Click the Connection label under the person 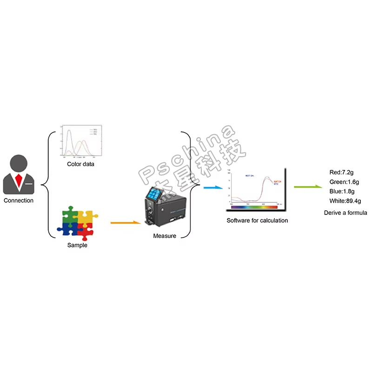click(19, 200)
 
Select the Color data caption click(80, 164)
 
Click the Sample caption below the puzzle click(77, 245)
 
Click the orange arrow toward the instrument click(126, 223)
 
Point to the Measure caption click(165, 236)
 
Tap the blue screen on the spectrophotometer click(154, 193)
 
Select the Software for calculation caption click(257, 220)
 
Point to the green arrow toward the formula click(307, 187)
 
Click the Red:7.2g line click(342, 173)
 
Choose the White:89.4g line click(345, 201)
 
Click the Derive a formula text click(345, 213)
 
